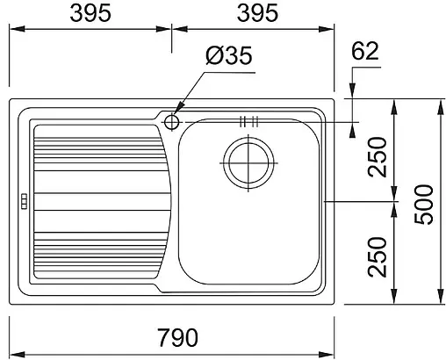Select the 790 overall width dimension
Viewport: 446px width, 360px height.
point(176,338)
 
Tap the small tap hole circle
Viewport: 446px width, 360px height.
point(172,119)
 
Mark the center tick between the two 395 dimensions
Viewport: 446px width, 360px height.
point(171,28)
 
